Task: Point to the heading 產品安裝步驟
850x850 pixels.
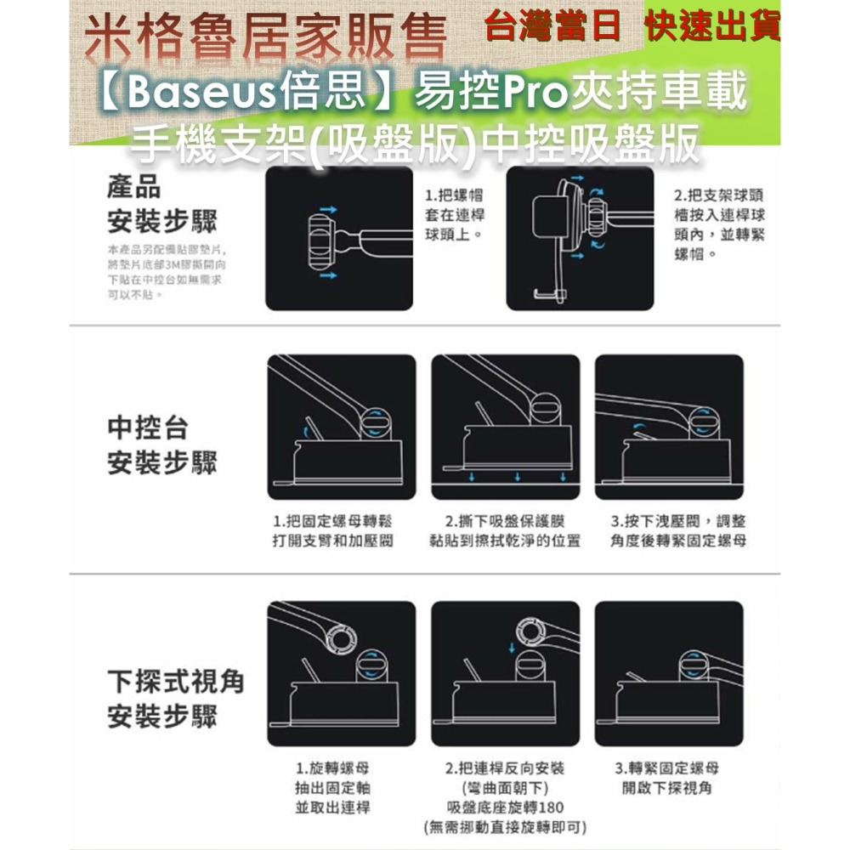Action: pyautogui.click(x=161, y=207)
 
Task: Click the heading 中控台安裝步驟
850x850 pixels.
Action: pyautogui.click(x=161, y=446)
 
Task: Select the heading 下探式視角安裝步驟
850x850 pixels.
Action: pyautogui.click(x=175, y=700)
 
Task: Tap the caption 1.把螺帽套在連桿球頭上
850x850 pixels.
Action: pyautogui.click(x=456, y=213)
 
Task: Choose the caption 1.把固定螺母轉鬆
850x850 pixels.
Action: pyautogui.click(x=332, y=531)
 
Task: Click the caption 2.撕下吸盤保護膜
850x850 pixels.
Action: pyautogui.click(x=505, y=531)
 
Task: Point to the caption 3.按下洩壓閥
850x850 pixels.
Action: pyautogui.click(x=677, y=531)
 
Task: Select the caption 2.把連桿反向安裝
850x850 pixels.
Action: pyautogui.click(x=505, y=768)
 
